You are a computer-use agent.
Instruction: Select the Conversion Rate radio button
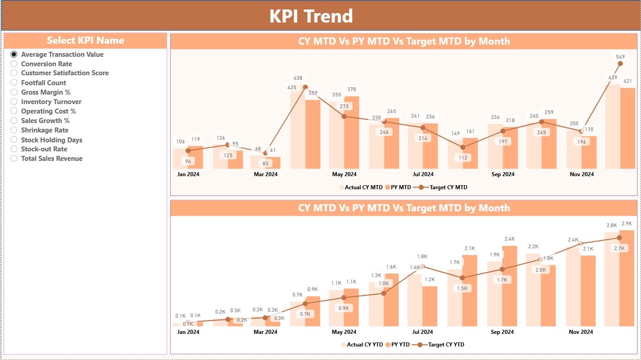pos(14,64)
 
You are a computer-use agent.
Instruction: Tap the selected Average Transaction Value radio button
pos(14,55)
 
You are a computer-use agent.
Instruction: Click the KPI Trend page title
pos(311,16)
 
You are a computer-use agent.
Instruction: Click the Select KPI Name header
pos(85,41)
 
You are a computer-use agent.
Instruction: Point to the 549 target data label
pos(620,57)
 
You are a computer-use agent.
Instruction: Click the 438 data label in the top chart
pos(298,78)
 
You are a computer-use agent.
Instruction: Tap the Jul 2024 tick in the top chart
pos(423,174)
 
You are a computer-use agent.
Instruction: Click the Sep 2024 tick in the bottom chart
pos(502,332)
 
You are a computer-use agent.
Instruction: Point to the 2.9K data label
pos(627,223)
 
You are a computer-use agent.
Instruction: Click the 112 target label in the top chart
pos(463,158)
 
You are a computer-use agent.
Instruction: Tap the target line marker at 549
pos(620,64)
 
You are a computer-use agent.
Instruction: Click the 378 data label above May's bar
pos(351,89)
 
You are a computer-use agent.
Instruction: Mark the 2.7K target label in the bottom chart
pos(619,248)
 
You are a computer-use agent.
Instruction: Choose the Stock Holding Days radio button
pos(14,140)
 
